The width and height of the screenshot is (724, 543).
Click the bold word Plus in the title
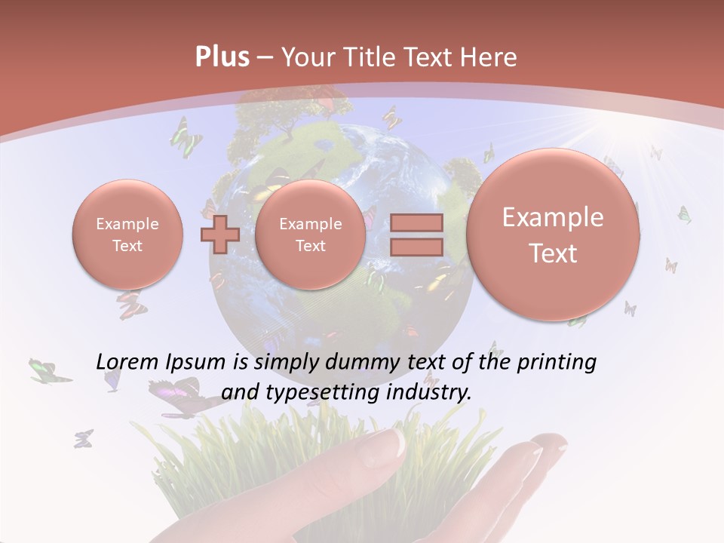(x=222, y=57)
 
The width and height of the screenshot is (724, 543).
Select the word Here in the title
(x=489, y=57)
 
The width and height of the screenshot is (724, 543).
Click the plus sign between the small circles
(x=219, y=234)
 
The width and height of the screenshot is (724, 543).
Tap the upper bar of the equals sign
(x=416, y=223)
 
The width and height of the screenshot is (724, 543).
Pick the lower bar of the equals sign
(x=416, y=247)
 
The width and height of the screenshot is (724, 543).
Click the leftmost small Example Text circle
(x=127, y=235)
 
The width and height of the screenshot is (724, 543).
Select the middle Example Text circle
(x=310, y=235)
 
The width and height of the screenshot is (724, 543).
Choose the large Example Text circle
(x=553, y=235)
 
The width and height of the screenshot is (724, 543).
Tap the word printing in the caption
(x=557, y=363)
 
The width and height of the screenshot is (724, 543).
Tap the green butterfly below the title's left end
(x=186, y=136)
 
